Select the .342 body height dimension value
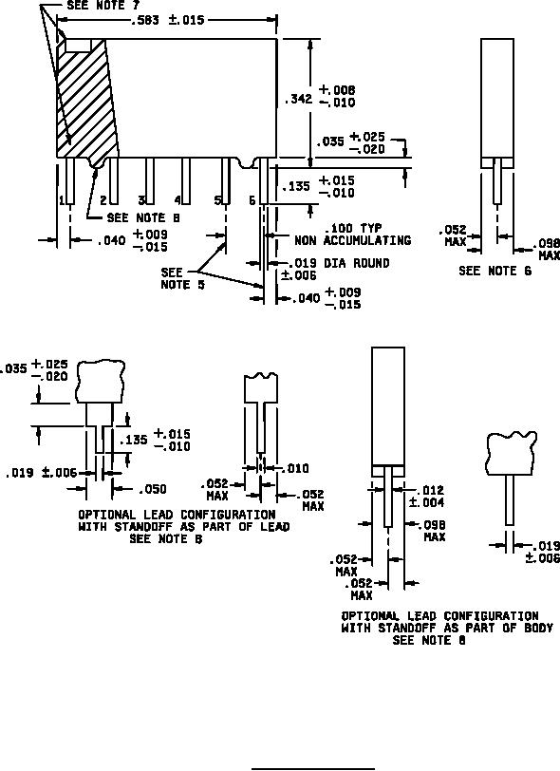(x=298, y=99)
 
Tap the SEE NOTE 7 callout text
(x=103, y=6)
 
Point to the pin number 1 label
(x=62, y=199)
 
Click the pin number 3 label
(x=141, y=199)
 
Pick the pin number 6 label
(x=252, y=200)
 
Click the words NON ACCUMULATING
(x=352, y=240)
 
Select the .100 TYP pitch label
(x=352, y=228)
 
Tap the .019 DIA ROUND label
(x=339, y=263)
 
